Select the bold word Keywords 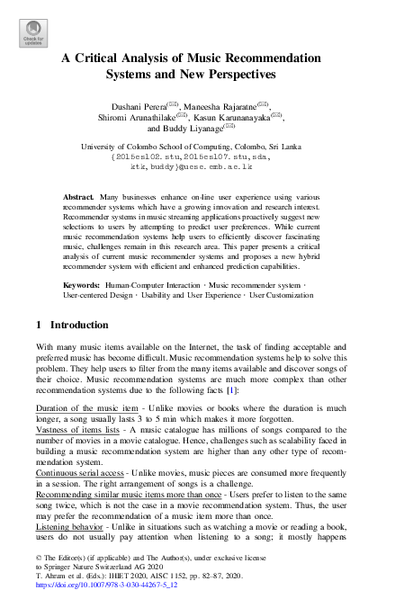pos(82,285)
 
